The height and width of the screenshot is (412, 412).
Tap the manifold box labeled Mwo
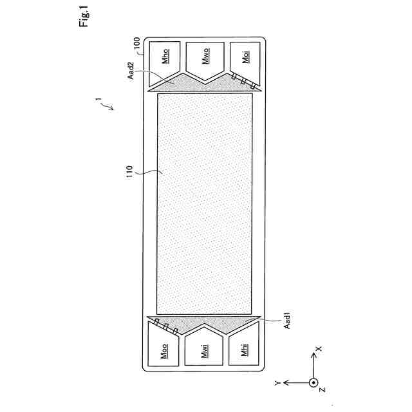point(205,60)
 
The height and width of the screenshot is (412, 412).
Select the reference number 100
point(136,44)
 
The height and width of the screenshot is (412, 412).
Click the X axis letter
point(318,349)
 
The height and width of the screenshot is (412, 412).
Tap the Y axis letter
point(277,382)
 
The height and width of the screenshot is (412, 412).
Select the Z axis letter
point(323,390)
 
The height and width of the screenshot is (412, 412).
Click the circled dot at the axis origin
point(314,382)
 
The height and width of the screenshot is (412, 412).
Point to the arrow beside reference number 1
point(108,106)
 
